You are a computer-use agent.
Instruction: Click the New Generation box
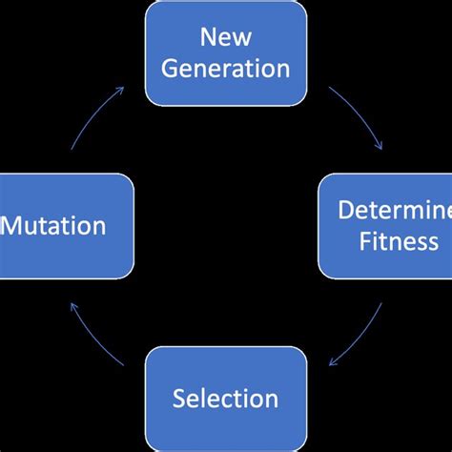point(226,52)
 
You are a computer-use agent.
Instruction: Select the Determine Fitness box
point(384,225)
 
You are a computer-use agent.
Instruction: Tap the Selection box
point(226,398)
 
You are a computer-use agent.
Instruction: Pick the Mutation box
point(66,225)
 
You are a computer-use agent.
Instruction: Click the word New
point(225,38)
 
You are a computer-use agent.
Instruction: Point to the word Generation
point(226,68)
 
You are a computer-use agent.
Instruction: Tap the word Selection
point(226,398)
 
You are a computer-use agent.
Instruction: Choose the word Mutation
point(53,226)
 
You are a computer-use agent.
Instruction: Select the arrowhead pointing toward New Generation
point(119,89)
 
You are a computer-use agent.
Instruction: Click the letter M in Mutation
point(12,226)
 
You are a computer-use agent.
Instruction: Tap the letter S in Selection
point(179,398)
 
